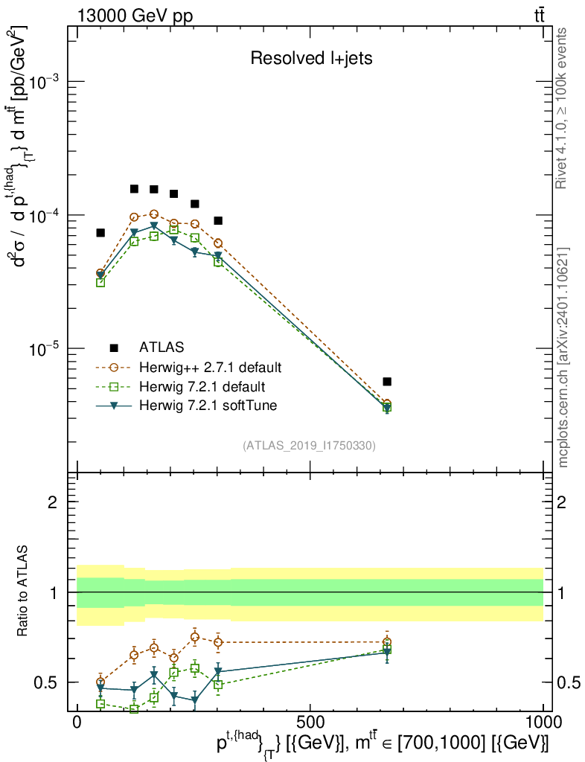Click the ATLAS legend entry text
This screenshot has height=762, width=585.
162,347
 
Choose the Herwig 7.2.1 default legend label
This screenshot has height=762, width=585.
202,387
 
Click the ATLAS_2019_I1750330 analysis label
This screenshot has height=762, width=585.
309,446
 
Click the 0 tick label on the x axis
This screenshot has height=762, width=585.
77,721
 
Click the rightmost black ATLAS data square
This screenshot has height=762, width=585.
387,382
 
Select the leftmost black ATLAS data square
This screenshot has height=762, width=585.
100,233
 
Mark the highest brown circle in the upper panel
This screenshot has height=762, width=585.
154,214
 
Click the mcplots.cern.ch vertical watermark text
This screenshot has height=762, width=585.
563,357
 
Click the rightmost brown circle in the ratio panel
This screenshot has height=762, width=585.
387,642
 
